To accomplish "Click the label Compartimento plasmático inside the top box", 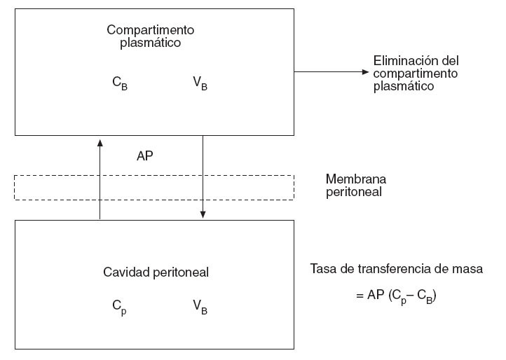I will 150,36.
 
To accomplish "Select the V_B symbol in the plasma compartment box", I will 200,85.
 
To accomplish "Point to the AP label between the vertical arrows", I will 145,156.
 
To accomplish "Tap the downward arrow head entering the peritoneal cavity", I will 203,214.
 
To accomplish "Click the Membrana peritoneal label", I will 356,185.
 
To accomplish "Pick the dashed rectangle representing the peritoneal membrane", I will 154,187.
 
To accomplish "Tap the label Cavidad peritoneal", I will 156,272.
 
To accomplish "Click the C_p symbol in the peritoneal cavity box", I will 119,306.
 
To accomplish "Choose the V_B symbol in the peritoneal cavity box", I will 200,306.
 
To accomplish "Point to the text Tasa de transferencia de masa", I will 396,268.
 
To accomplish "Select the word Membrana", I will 356,179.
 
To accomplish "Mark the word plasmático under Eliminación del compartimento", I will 404,86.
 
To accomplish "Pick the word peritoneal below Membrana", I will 354,191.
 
